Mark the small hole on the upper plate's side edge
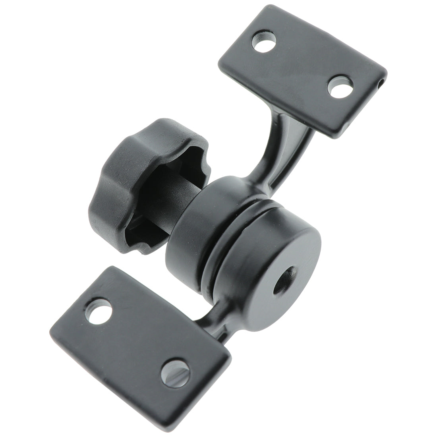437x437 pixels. click(382, 84)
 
